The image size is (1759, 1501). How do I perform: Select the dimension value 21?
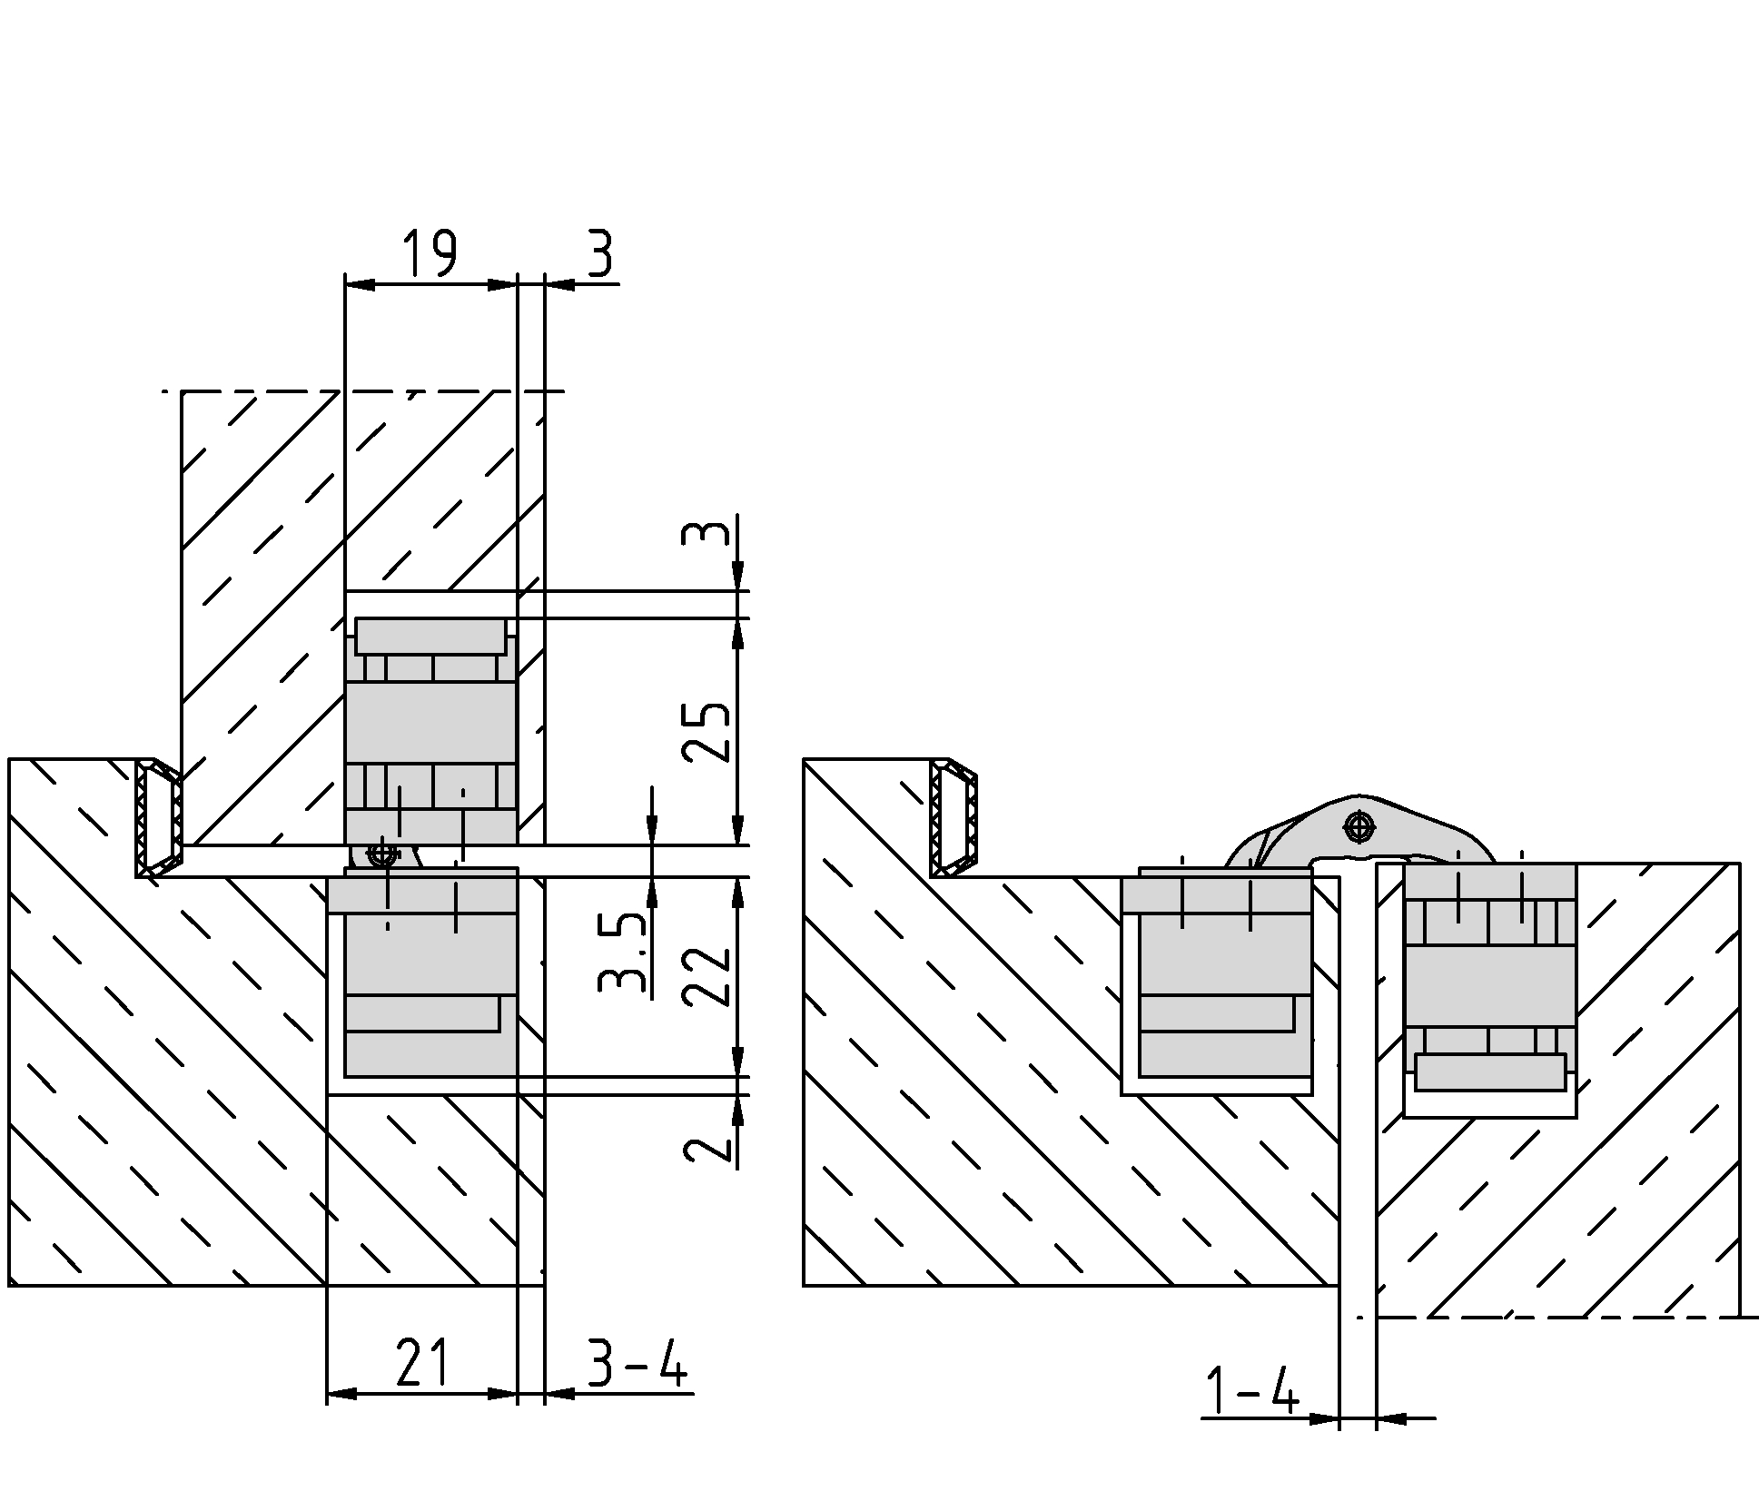(423, 1362)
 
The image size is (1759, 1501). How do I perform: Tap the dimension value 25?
(707, 732)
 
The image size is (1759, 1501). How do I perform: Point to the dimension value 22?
(707, 976)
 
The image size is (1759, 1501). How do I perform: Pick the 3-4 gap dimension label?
(637, 1362)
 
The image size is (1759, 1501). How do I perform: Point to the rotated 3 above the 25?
(707, 532)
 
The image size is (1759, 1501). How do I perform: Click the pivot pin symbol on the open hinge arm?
(1359, 827)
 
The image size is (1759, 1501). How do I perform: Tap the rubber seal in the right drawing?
(954, 818)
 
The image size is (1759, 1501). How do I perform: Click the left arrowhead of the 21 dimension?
(341, 1393)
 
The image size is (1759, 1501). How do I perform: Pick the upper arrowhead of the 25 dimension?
(737, 633)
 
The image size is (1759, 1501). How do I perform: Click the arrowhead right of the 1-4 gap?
(1391, 1417)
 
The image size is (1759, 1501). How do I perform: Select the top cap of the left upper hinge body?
(430, 636)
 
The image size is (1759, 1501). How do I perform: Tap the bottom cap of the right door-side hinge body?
(1490, 1071)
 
